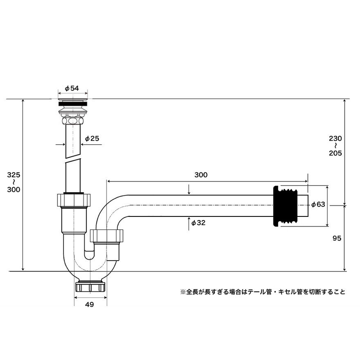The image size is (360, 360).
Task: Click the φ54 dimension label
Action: pyautogui.click(x=72, y=88)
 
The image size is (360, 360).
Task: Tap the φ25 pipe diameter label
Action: pyautogui.click(x=92, y=139)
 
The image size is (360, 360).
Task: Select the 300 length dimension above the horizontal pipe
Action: pyautogui.click(x=201, y=175)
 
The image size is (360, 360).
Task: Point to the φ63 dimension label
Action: pyautogui.click(x=318, y=204)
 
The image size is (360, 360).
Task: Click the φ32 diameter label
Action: pyautogui.click(x=198, y=223)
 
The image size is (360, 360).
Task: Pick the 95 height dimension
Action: pyautogui.click(x=337, y=238)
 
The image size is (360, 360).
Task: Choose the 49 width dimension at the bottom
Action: pyautogui.click(x=90, y=305)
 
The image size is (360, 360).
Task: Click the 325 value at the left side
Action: pyautogui.click(x=13, y=175)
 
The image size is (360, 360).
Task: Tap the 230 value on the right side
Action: pyautogui.click(x=335, y=139)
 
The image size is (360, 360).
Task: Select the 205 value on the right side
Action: pyautogui.click(x=335, y=153)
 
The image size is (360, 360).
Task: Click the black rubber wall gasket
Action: pyautogui.click(x=285, y=206)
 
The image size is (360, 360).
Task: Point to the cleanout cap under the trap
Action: pyautogui.click(x=90, y=287)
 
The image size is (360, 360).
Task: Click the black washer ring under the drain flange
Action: pyautogui.click(x=73, y=104)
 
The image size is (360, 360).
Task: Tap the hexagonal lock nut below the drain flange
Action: pyautogui.click(x=73, y=121)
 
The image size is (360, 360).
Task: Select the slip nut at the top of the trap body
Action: pyautogui.click(x=73, y=200)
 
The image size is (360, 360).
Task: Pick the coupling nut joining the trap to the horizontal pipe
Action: pyautogui.click(x=107, y=236)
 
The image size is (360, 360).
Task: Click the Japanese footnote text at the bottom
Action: pyautogui.click(x=263, y=292)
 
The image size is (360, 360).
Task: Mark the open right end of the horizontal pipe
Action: pyautogui.click(x=308, y=206)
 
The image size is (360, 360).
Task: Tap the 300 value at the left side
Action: pyautogui.click(x=13, y=189)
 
